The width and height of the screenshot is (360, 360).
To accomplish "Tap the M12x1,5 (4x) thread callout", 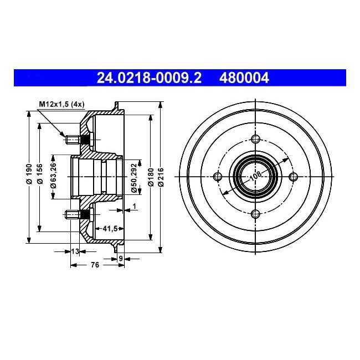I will [60, 104].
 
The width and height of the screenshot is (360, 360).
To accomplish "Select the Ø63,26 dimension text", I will [54, 176].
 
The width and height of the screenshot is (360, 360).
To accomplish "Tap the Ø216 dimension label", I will [160, 176].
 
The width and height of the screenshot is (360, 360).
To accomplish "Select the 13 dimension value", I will [75, 252].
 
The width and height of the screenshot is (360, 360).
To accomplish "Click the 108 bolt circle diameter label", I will [255, 177].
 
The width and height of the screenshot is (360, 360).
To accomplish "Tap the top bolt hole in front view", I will [255, 139].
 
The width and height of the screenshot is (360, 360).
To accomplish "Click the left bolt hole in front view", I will [217, 177].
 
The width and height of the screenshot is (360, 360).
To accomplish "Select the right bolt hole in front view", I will [292, 177].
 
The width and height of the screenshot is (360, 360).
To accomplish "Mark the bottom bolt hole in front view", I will [255, 214].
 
